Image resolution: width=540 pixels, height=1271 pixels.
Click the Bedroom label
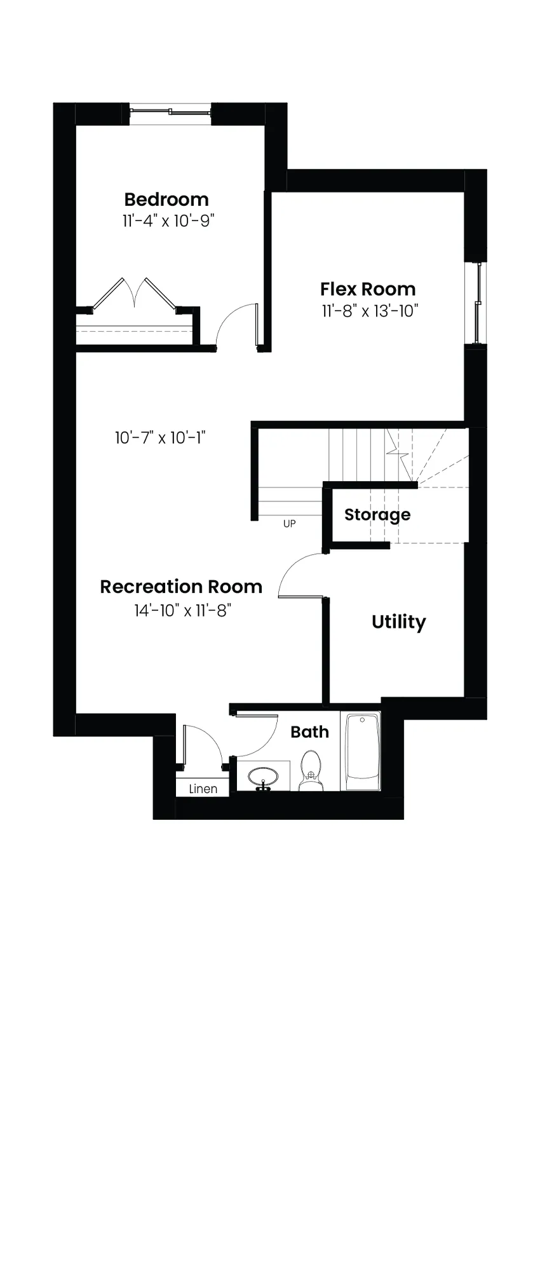pos(166,200)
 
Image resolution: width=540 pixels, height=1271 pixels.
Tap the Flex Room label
pos(368,289)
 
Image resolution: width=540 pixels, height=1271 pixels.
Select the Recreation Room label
pos(181,587)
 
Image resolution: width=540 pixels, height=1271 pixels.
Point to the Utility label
pos(399,622)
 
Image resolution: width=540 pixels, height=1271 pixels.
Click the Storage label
pos(377,515)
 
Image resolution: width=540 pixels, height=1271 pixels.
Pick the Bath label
pos(309,732)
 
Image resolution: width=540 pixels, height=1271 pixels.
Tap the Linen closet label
pos(203,789)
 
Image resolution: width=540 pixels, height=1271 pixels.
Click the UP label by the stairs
pos(290,524)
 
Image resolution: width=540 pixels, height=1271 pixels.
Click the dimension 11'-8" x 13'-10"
pos(370,311)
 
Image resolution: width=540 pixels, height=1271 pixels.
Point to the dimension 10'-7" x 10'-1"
pos(161,438)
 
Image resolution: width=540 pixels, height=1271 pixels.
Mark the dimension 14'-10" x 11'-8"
pos(182,611)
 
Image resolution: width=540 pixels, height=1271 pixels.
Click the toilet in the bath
pos(311,770)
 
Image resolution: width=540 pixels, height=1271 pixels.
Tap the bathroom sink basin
pos(262,777)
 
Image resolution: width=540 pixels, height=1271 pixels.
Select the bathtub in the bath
pos(361,751)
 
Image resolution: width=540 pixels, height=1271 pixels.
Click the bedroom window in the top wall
pos(170,112)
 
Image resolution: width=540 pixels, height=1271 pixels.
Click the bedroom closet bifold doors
pos(134,293)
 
